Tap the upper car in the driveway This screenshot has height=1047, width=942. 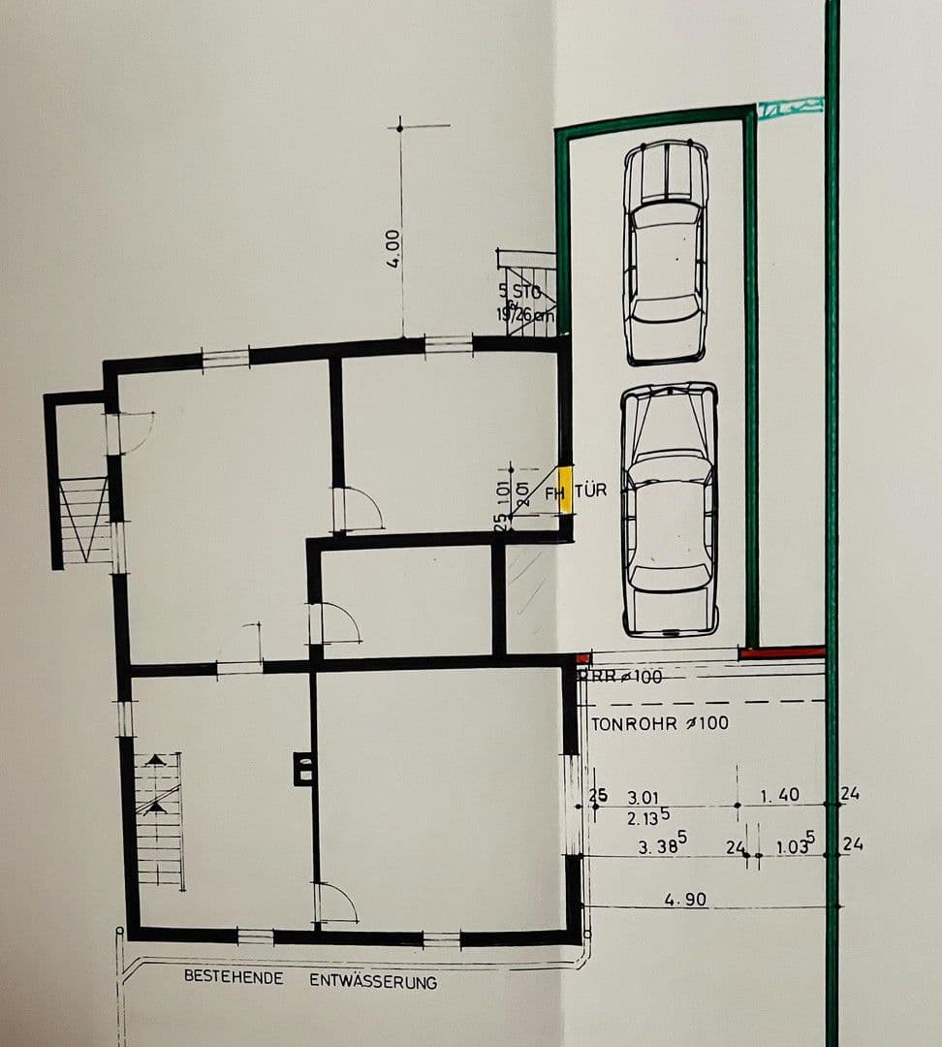tap(665, 252)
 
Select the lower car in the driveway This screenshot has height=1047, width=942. tap(669, 509)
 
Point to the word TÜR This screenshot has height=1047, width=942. tap(591, 491)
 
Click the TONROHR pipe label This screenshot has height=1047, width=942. tap(660, 722)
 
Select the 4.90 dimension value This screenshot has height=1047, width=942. tap(685, 900)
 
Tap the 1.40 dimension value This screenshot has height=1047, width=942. tap(779, 795)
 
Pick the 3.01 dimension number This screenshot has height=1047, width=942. tap(643, 797)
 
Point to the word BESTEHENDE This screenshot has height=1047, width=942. tap(234, 977)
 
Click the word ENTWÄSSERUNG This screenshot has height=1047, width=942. tap(373, 981)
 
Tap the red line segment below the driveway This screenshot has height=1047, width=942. tap(782, 653)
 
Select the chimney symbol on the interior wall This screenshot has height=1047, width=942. tap(303, 770)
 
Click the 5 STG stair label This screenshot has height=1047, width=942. tap(518, 290)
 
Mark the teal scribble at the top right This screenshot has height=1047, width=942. tap(790, 109)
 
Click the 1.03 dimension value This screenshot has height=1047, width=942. tap(796, 845)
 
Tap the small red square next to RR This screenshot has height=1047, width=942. tap(582, 659)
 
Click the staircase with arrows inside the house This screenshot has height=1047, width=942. tap(159, 819)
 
